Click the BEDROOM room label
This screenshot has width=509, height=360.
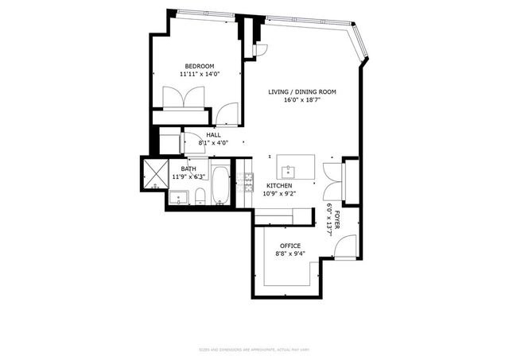point(200,66)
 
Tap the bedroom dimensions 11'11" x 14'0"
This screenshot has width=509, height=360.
point(200,75)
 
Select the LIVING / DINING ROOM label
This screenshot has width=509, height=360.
point(301,92)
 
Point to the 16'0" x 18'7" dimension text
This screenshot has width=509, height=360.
point(301,101)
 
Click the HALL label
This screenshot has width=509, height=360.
point(213,135)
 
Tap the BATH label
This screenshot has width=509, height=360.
point(188,168)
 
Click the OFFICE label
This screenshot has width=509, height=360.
point(289,246)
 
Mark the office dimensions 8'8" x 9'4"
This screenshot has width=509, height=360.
point(289,254)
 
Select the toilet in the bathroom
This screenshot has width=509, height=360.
point(200,196)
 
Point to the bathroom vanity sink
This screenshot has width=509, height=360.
point(179,196)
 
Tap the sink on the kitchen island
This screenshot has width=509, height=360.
point(288,171)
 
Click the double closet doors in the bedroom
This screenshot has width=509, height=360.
point(184,103)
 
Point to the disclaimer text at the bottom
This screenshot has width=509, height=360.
point(254,350)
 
